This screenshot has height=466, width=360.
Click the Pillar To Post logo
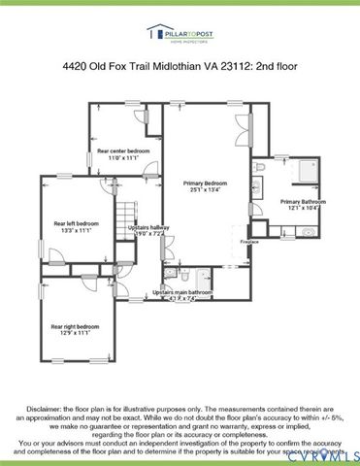pyautogui.click(x=180, y=35)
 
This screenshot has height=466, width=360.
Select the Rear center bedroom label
pyautogui.click(x=123, y=151)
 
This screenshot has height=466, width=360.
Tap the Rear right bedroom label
pyautogui.click(x=75, y=326)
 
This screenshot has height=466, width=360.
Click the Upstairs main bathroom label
pyautogui.click(x=182, y=292)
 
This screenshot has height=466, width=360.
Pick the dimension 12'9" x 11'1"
pyautogui.click(x=75, y=333)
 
